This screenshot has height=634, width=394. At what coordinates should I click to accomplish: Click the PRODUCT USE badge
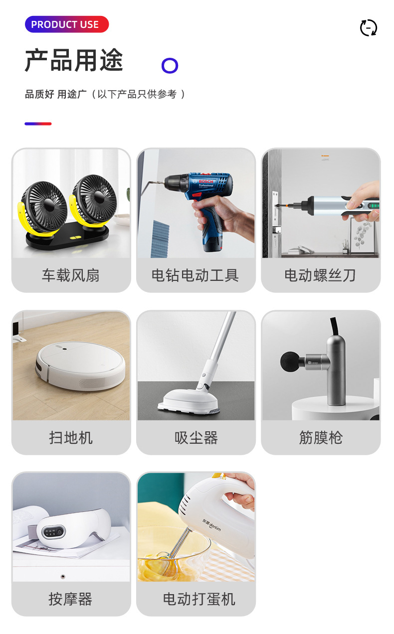tap(67, 24)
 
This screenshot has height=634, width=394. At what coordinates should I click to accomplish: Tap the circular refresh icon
tap(369, 28)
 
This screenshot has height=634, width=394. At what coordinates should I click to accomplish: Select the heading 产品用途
tap(74, 60)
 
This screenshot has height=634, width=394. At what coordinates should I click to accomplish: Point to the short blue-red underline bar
tap(38, 124)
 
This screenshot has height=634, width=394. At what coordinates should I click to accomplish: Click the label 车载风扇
tap(71, 275)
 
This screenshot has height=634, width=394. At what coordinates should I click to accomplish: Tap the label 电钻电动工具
tap(196, 275)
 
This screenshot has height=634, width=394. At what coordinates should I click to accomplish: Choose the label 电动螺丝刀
tap(320, 275)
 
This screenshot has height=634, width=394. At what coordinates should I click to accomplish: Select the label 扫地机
tap(71, 438)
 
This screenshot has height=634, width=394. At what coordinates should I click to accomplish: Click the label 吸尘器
tap(196, 438)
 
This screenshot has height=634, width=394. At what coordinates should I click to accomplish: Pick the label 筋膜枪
tap(321, 438)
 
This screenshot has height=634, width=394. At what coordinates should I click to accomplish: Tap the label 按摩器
tap(70, 599)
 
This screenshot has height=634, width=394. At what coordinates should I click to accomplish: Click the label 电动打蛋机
tap(199, 599)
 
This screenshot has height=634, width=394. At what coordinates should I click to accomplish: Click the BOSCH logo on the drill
tap(206, 181)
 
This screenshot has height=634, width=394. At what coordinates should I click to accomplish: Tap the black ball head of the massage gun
tap(290, 362)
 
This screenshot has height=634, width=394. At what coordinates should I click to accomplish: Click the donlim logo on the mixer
tap(211, 525)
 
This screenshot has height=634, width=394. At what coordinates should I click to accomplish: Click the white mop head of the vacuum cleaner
tap(189, 401)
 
